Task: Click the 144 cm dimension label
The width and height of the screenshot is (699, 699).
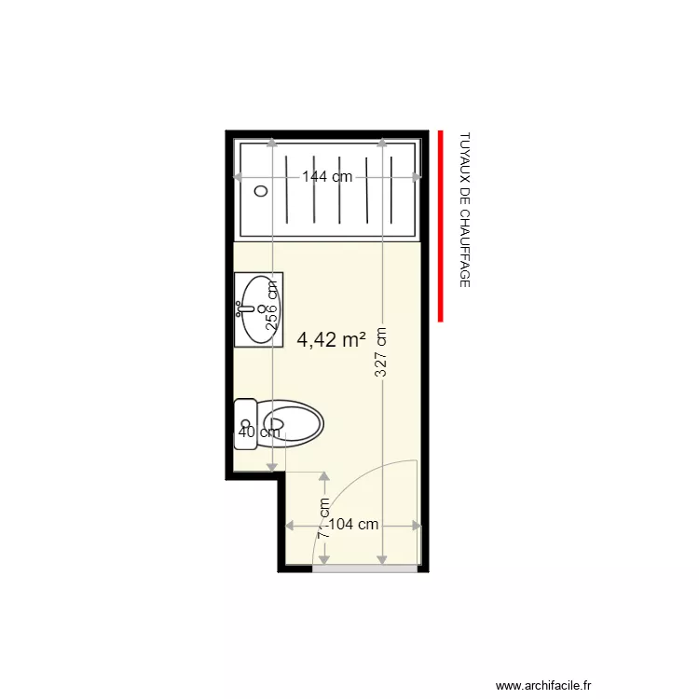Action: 326,177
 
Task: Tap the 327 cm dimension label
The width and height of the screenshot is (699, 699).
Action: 381,351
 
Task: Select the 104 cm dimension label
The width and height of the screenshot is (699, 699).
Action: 354,525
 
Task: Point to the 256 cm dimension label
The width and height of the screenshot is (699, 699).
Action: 272,305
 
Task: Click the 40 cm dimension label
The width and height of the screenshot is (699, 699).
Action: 259,432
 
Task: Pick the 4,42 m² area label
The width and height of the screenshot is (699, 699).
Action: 331,340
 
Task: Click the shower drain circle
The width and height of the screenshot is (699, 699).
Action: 262,191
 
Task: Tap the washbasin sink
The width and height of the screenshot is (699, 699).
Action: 258,309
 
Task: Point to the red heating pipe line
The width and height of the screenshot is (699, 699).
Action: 441,226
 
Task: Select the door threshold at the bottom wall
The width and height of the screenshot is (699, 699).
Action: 364,568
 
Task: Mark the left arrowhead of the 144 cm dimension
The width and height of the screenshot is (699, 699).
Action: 239,177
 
